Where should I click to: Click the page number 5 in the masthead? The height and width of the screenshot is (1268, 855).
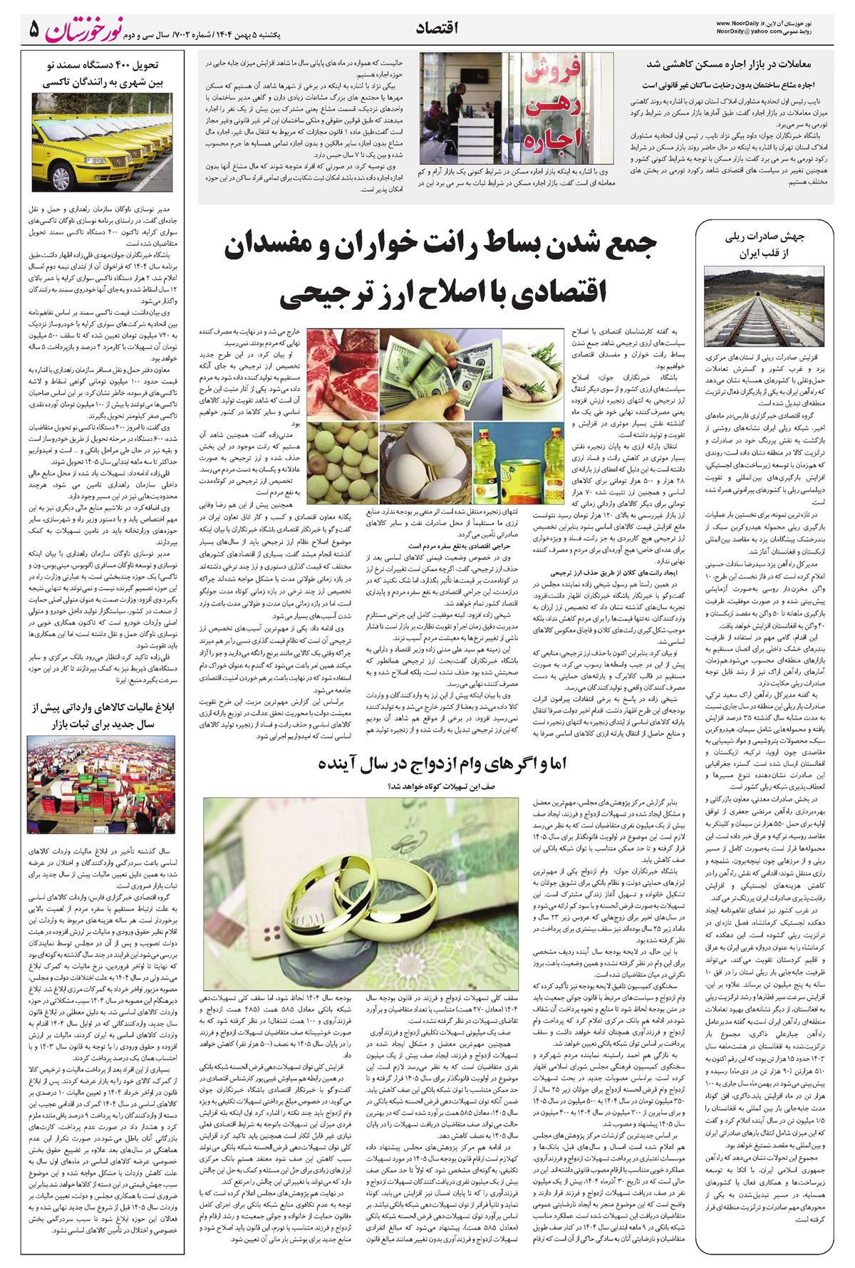33,29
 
